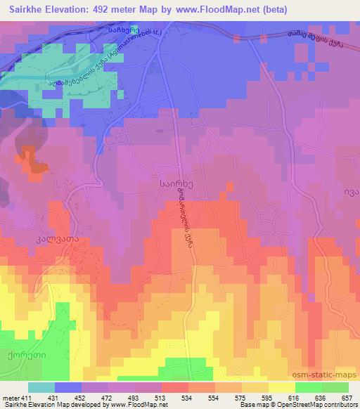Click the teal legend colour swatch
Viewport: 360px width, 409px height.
tap(41, 387)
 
